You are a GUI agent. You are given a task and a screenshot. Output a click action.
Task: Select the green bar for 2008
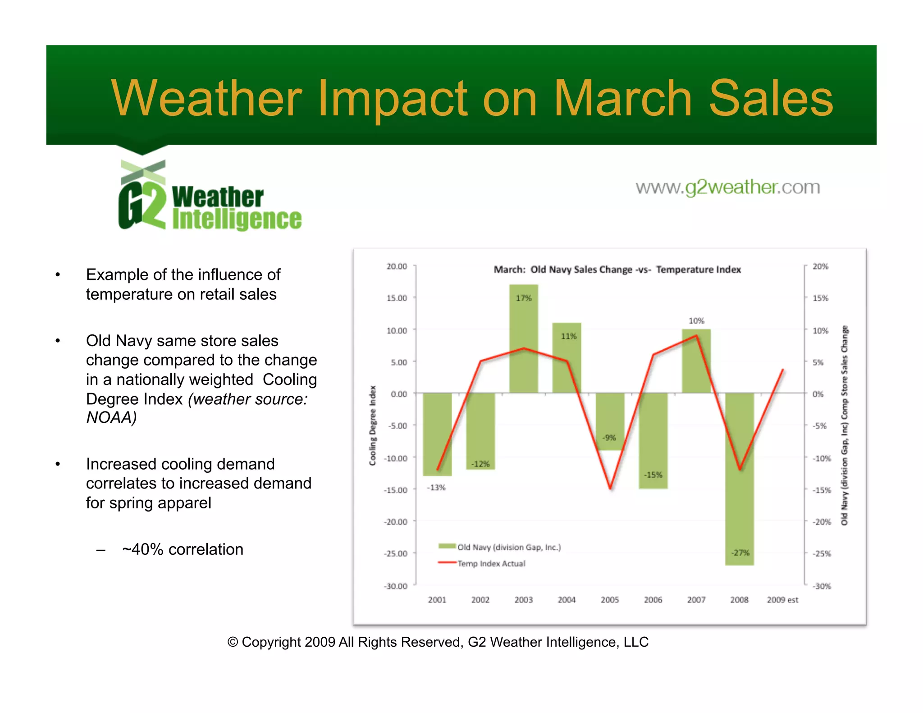[x=739, y=478]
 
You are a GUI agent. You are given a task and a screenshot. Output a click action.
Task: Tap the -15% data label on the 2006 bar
[x=653, y=475]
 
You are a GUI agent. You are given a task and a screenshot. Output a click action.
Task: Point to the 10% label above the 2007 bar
[x=696, y=320]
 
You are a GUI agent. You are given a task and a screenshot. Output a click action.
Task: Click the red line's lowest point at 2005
[x=610, y=488]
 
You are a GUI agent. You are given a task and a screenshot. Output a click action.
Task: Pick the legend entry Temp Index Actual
[x=491, y=563]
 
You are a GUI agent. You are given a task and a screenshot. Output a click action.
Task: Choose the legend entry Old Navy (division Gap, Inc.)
[x=508, y=547]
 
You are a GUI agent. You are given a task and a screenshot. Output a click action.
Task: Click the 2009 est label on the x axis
[x=782, y=600]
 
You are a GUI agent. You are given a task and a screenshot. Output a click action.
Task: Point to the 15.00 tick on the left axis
[x=397, y=298]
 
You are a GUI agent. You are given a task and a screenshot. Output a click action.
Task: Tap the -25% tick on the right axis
[x=821, y=553]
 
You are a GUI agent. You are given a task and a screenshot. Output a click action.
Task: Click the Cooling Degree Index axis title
[x=372, y=425]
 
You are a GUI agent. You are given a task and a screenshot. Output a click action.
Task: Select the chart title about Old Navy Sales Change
[x=617, y=270]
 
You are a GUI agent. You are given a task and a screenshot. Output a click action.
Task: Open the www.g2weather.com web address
[x=727, y=187]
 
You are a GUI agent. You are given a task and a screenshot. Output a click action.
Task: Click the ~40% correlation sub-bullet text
[x=183, y=549]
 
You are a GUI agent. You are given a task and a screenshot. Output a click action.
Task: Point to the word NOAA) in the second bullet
[x=111, y=417]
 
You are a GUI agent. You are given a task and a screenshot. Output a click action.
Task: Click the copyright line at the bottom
[x=438, y=642]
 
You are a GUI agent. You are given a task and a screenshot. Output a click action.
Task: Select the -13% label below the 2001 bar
[x=436, y=488]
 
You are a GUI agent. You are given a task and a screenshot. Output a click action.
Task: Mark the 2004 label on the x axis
[x=567, y=600]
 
